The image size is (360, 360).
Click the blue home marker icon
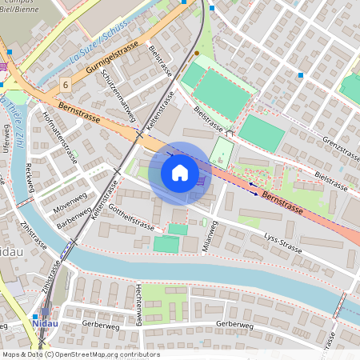[x=179, y=172]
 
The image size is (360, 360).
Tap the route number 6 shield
[x=65, y=84]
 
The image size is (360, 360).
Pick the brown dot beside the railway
[x=197, y=53]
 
